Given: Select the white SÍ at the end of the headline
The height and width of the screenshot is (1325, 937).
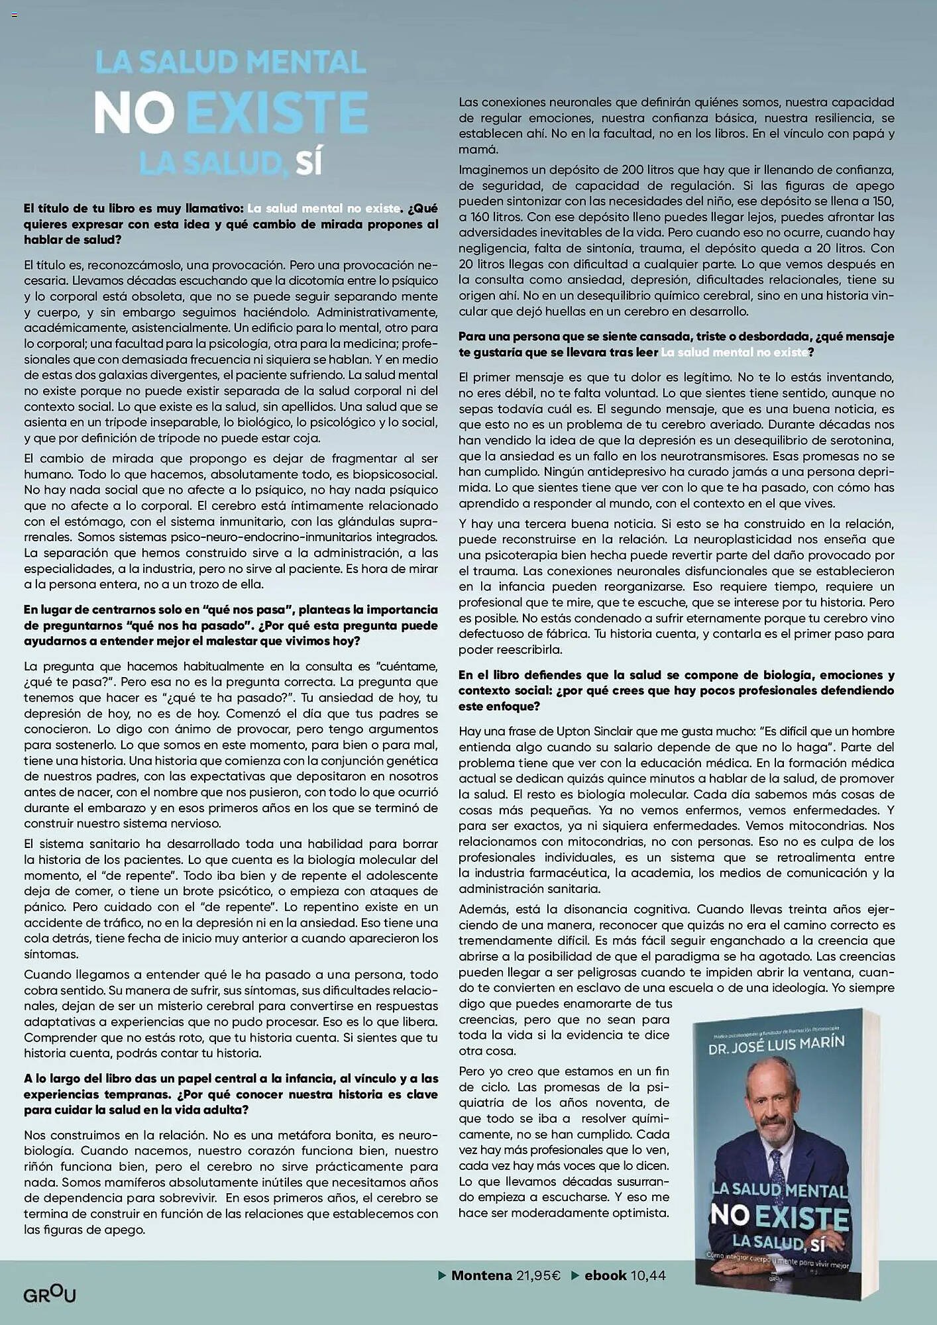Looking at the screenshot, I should click(309, 163).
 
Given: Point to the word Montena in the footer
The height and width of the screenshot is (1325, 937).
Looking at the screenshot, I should click(482, 1275).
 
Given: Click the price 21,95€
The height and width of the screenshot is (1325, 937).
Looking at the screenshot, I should click(538, 1275).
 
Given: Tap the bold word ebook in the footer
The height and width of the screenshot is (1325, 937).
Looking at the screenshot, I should click(605, 1275).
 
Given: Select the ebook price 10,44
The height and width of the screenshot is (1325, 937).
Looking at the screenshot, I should click(648, 1275).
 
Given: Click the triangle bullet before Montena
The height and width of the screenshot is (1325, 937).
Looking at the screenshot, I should click(442, 1275).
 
